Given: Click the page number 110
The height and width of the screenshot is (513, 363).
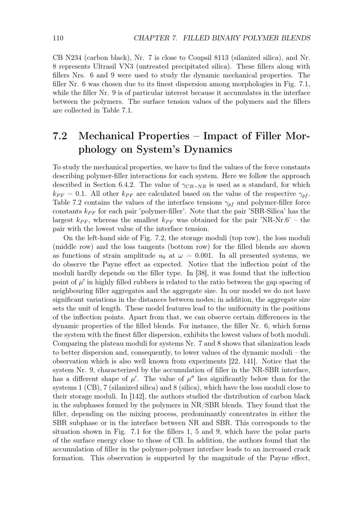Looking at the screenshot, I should point(58,38).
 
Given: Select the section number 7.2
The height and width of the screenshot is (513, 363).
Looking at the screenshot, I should point(60,136).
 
